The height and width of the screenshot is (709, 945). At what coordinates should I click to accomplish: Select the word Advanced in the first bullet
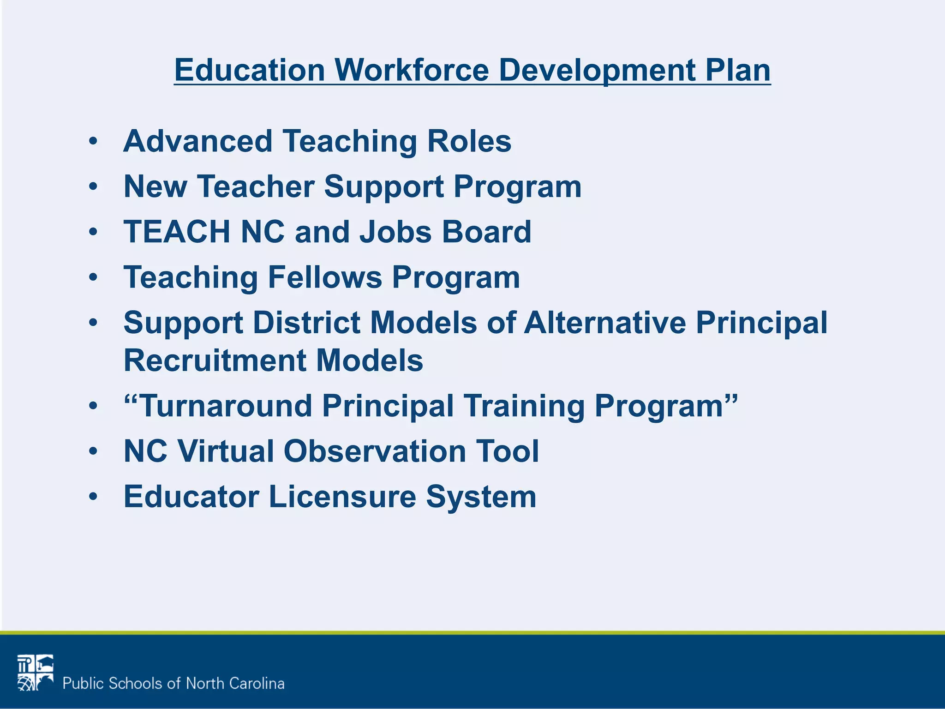point(198,141)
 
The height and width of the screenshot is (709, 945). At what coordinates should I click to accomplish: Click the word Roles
point(469,141)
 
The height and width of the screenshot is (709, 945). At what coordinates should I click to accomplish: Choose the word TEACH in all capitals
point(177,231)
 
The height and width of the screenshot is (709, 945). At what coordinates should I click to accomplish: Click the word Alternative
point(605,322)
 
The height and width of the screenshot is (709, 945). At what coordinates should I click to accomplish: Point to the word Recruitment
point(215,361)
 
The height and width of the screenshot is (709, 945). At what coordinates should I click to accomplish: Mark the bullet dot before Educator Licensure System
point(94,497)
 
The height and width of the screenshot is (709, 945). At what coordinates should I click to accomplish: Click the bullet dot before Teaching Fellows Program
point(94,277)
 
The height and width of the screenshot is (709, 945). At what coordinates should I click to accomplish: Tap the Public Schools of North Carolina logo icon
point(36,673)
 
